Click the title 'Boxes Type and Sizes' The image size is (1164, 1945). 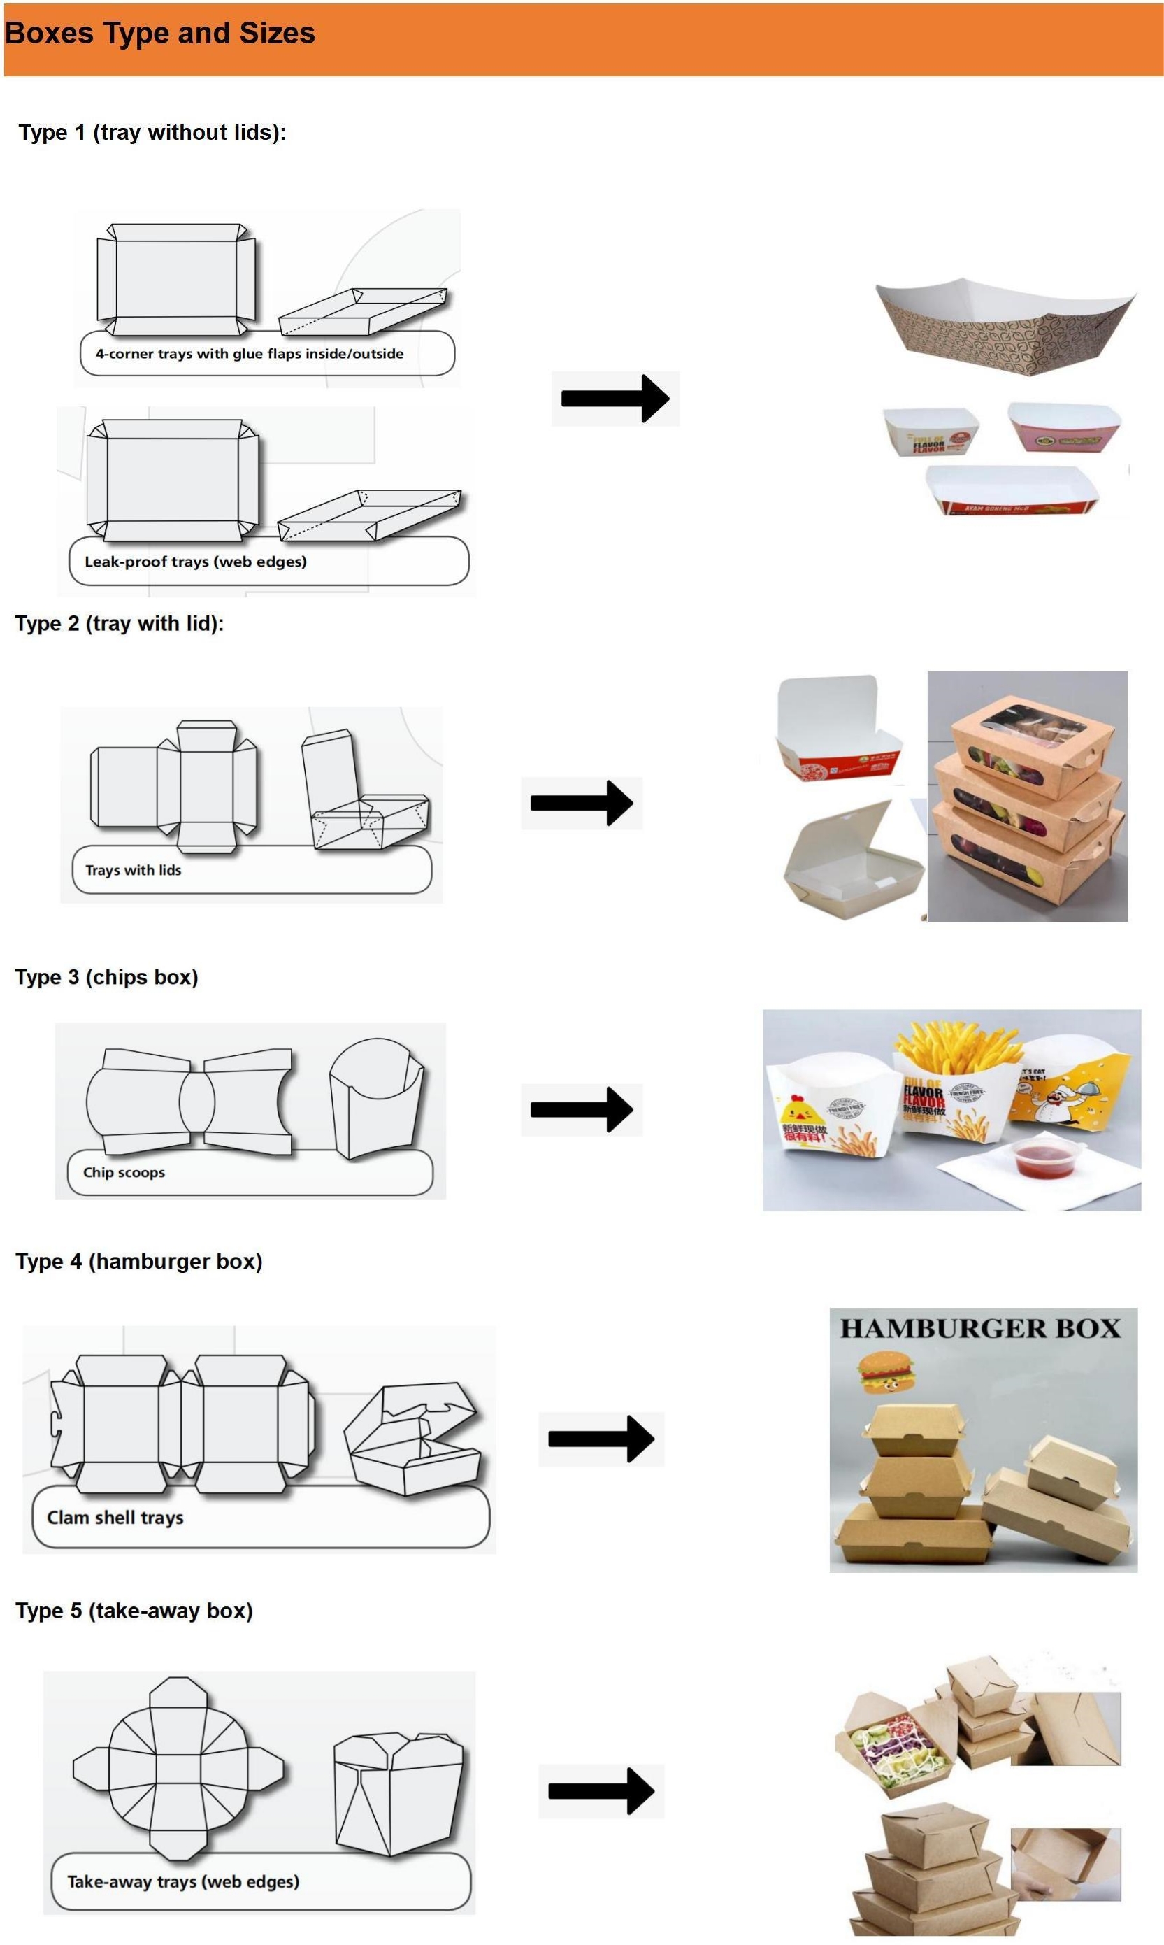point(160,34)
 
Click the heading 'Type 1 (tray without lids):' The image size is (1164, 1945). point(152,133)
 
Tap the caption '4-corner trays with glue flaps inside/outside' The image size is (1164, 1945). point(250,354)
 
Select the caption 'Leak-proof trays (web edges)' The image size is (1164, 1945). point(195,562)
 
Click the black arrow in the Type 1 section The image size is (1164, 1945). point(615,399)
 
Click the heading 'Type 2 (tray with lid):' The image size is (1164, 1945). point(120,624)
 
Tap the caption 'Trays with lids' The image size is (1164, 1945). point(134,870)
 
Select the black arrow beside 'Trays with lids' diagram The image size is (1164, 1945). point(581,803)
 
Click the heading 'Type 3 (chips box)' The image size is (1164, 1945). point(107,978)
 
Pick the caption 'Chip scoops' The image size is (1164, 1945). point(124,1172)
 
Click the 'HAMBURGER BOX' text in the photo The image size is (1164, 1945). point(979,1329)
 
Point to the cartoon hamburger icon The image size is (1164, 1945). point(886,1372)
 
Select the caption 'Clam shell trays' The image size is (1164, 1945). point(115,1518)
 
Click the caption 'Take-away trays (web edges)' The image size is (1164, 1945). point(182,1881)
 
